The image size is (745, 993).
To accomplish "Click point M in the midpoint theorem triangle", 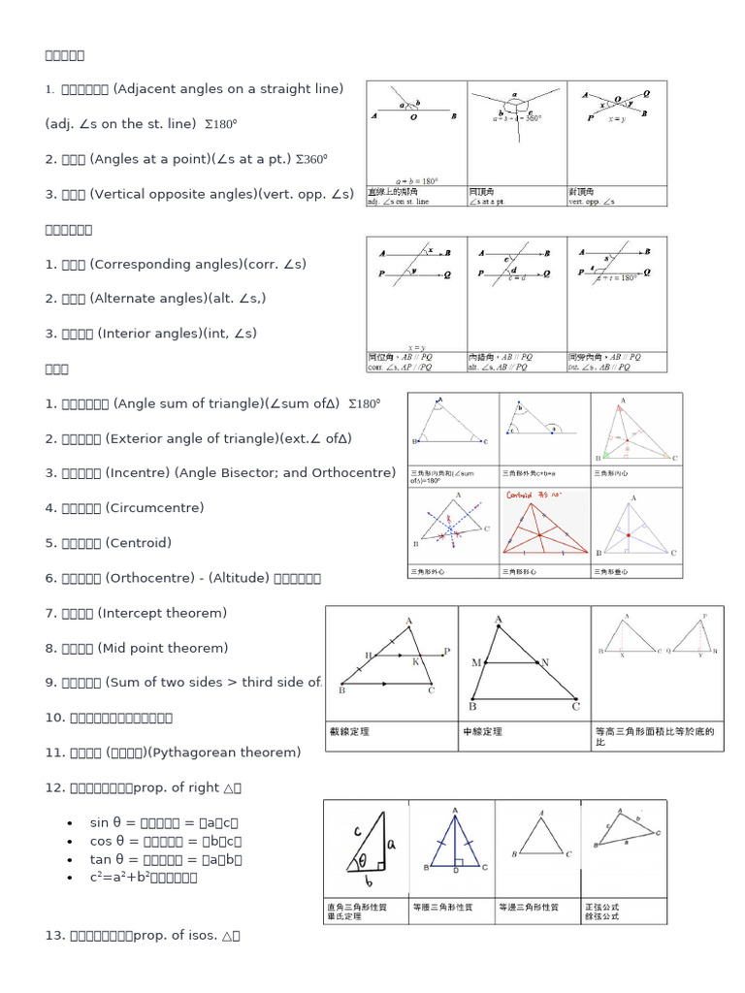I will click(476, 662).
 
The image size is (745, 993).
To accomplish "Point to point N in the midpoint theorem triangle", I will click(544, 662).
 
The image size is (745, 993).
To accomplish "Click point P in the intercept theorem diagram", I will click(446, 652).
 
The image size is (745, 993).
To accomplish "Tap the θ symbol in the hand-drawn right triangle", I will click(361, 859).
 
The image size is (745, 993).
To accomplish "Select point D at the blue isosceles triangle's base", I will click(455, 872).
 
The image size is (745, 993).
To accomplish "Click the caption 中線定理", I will click(483, 732).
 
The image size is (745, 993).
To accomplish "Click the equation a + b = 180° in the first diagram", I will click(418, 179).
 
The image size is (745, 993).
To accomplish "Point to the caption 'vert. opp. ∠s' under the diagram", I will click(592, 202).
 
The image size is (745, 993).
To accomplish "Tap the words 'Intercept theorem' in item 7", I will click(162, 613).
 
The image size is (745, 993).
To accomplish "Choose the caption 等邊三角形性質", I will click(529, 908).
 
